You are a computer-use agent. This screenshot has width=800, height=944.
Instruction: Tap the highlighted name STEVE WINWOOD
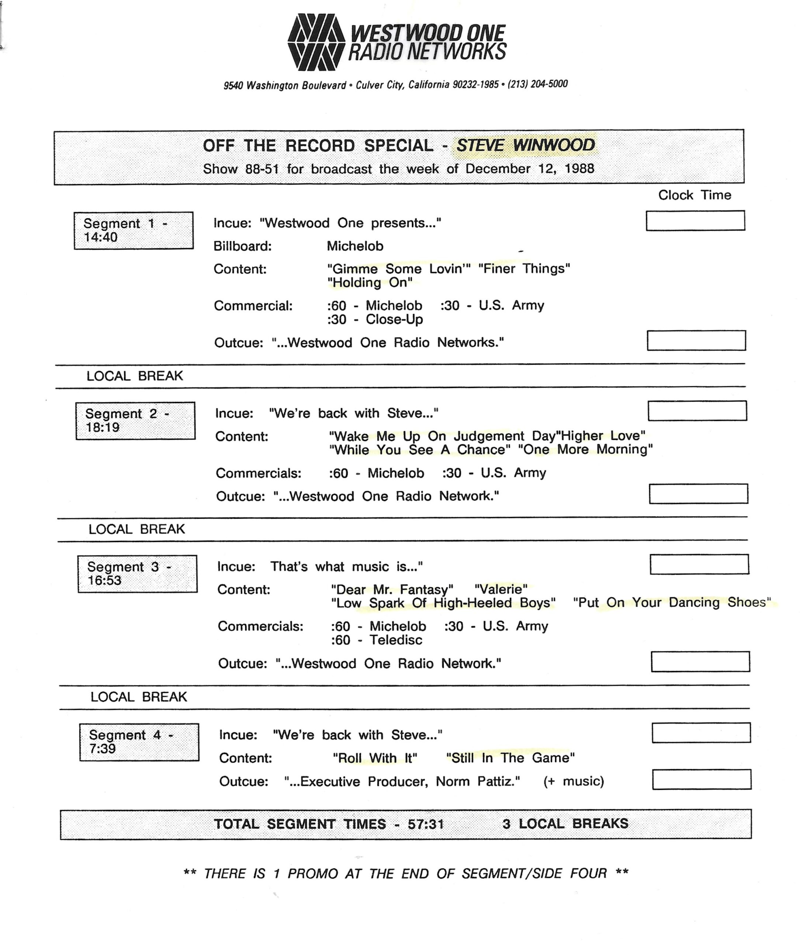(525, 146)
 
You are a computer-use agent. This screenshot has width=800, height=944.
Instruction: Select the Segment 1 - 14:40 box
(134, 230)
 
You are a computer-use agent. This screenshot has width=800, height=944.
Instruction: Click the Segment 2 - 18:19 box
(135, 421)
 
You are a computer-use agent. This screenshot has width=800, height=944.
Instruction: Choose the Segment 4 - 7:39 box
(139, 742)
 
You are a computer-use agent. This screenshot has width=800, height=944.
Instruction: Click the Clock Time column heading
(695, 195)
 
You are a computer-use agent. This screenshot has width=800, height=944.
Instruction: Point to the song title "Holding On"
(370, 282)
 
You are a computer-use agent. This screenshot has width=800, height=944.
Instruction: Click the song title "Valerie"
(501, 589)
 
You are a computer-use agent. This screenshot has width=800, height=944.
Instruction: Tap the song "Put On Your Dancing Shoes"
(672, 603)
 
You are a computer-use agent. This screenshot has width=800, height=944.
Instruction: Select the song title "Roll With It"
(375, 758)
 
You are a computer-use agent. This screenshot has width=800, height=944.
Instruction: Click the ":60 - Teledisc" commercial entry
(377, 640)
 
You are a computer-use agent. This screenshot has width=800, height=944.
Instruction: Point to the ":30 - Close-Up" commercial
(375, 319)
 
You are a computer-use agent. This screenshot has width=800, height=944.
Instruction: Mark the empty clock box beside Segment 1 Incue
(695, 221)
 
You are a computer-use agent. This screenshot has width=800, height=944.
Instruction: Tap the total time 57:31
(425, 824)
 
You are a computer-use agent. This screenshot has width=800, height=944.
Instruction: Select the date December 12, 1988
(529, 169)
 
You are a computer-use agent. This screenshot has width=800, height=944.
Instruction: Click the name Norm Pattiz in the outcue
(478, 781)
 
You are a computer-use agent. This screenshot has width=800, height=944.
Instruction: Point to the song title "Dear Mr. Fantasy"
(392, 589)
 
